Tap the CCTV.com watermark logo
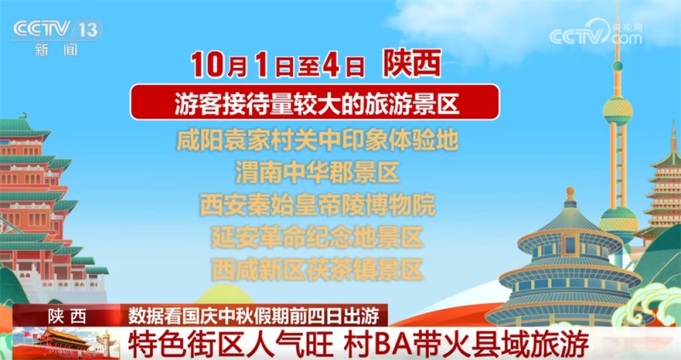(595, 35)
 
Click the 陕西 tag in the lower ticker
(67, 315)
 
